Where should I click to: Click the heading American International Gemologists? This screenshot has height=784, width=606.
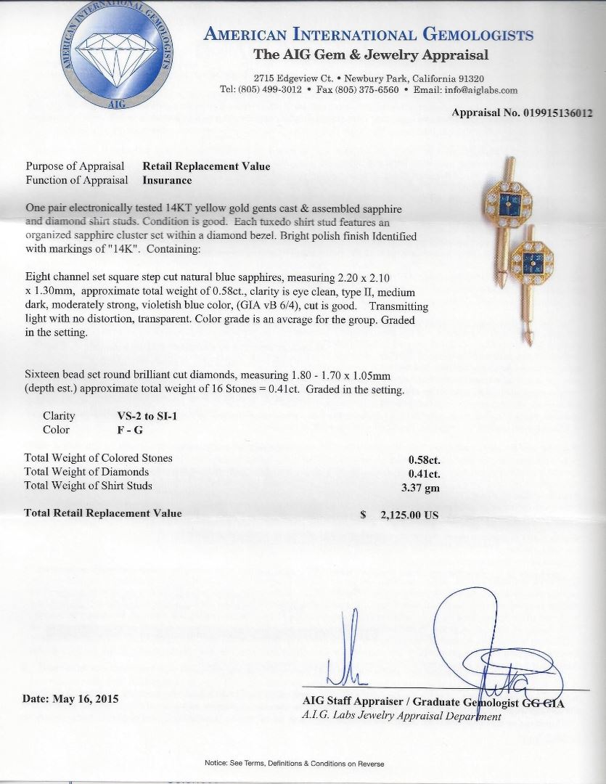[x=369, y=34]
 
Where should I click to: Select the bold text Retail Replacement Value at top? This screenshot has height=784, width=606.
[x=206, y=166]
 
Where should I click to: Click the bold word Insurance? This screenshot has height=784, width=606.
[x=167, y=180]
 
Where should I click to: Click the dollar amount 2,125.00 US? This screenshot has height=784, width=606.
[x=410, y=514]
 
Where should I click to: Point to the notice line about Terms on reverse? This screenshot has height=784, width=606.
[x=293, y=764]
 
